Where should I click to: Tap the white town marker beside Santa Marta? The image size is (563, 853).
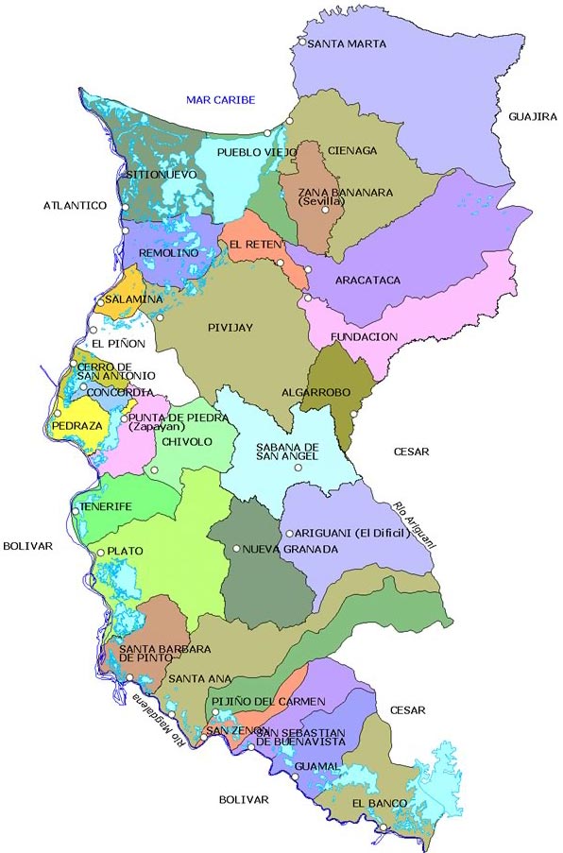point(302,42)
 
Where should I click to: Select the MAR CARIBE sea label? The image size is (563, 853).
point(220,99)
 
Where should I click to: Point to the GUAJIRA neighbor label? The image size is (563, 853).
point(533,116)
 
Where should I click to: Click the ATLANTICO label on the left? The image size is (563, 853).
point(75,205)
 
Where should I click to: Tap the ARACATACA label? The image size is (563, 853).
point(368,281)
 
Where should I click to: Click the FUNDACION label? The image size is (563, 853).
point(364,336)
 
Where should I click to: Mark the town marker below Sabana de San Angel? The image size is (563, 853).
point(298,468)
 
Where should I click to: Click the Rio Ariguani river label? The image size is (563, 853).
point(414,521)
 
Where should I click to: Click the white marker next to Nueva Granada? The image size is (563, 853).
point(236,548)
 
